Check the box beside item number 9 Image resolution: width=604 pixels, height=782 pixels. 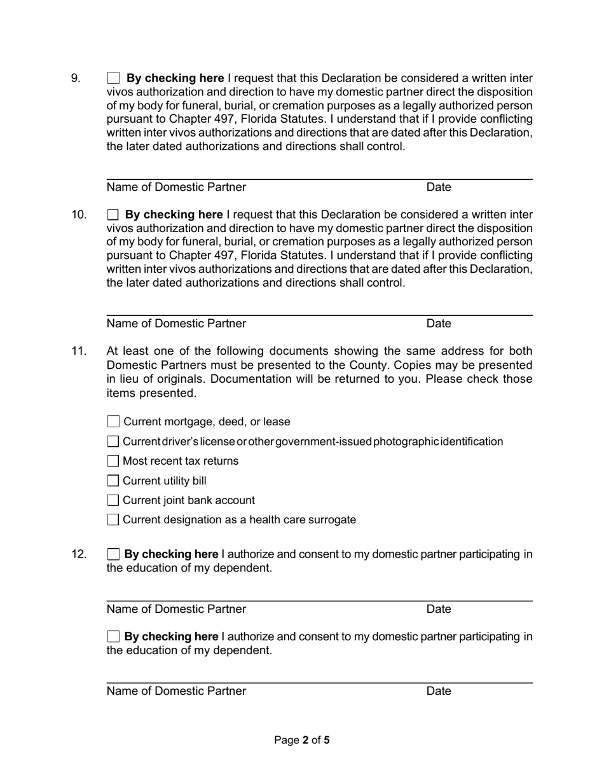(113, 78)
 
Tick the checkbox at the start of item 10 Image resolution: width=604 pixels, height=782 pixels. (113, 215)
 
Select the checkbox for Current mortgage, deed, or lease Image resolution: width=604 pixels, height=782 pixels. (113, 422)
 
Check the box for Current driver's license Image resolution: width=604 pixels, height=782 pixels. (113, 441)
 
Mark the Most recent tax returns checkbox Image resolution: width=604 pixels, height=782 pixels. (113, 461)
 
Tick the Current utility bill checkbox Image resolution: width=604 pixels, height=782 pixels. (113, 481)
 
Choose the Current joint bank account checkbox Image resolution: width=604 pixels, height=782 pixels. (113, 500)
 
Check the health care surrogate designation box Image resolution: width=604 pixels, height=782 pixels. (113, 520)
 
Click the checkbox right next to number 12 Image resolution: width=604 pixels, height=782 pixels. (113, 554)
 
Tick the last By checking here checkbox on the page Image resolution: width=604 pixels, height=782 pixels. (113, 636)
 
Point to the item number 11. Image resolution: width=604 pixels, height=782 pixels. (78, 351)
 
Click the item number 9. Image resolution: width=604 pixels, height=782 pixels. (76, 78)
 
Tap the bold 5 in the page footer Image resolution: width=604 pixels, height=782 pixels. (327, 740)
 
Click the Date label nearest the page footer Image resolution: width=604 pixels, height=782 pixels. (439, 691)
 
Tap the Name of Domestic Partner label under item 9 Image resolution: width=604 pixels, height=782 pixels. (176, 187)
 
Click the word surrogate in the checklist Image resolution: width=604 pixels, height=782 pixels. (332, 520)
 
